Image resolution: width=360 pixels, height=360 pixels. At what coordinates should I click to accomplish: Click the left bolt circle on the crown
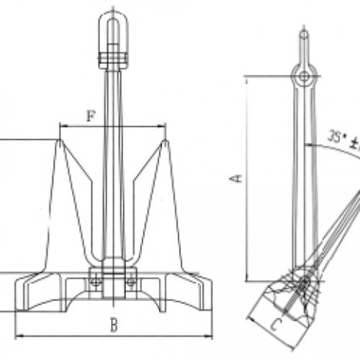(94, 282)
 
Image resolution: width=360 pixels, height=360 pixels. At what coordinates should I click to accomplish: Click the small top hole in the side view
(305, 33)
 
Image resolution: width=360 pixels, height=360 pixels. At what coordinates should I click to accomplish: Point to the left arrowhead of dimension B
(18, 335)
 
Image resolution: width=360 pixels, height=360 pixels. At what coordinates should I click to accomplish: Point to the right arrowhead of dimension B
(211, 335)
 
